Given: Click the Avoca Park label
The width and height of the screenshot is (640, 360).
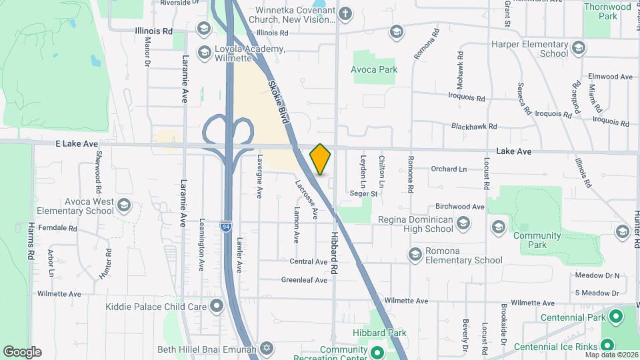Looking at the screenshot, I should coord(374,69).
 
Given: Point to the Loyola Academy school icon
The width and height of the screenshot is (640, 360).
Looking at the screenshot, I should coord(203,50).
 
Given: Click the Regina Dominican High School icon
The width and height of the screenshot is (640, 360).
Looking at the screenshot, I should coord(497,227).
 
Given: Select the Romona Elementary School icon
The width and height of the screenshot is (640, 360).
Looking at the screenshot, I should coord(415,255).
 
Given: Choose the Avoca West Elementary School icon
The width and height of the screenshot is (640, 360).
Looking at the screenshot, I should coord(123,206).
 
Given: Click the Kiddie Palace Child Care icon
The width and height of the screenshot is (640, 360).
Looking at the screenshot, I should coord(216,307).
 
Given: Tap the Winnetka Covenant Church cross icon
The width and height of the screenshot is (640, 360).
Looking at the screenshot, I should coord(345,13).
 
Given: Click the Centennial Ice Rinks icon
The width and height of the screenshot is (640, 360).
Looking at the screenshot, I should coord(607,345).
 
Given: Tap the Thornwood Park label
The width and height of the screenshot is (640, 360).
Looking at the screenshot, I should coord(607,11).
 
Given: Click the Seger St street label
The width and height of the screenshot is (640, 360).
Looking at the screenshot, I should coord(364,194).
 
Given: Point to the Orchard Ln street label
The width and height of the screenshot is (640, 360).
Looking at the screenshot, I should coord(449,169).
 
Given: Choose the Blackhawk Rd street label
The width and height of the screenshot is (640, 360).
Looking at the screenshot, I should coord(474,126).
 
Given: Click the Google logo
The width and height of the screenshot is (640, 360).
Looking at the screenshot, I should coord(22,351).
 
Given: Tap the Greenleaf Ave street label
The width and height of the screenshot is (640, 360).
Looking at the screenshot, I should coord(304,280).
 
